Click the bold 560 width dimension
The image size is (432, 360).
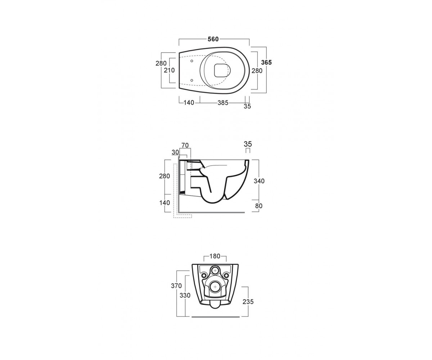[213, 39]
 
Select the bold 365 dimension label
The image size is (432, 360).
[266, 62]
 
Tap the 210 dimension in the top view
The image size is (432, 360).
[169, 70]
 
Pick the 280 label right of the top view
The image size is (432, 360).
[257, 71]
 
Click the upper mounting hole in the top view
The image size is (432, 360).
[192, 61]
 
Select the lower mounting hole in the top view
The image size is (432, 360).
[192, 80]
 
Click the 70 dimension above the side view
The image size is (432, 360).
[185, 145]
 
